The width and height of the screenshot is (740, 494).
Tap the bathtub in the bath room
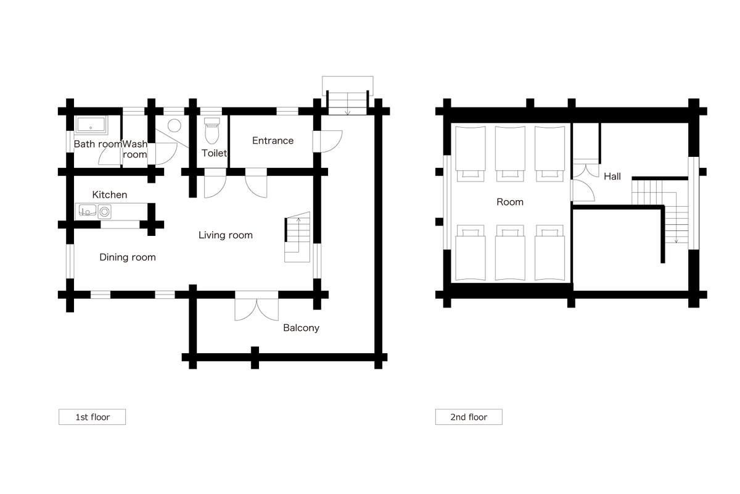[91, 125]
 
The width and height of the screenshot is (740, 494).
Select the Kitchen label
[109, 195]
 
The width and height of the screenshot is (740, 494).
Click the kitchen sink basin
[88, 211]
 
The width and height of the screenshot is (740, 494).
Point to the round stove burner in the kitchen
[105, 212]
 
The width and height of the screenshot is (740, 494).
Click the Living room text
[225, 235]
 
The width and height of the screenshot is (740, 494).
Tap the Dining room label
[128, 257]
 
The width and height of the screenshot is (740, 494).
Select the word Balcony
[301, 328]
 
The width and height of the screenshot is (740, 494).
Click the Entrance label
[273, 141]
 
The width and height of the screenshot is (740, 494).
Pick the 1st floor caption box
[92, 417]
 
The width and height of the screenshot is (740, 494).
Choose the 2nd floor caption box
[469, 417]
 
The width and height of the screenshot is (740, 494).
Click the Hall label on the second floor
[612, 177]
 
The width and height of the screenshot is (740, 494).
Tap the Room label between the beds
[510, 202]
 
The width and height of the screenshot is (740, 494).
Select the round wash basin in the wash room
[174, 126]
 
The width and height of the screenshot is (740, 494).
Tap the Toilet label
[215, 153]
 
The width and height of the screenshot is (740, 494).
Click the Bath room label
[98, 144]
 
